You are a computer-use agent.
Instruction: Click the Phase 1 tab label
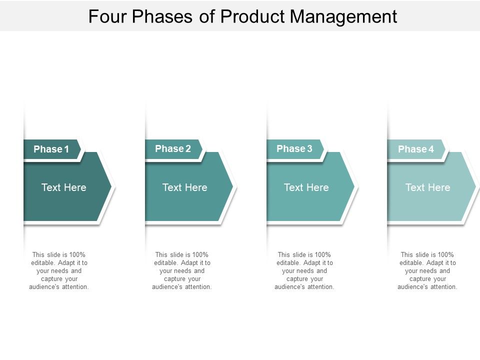51,149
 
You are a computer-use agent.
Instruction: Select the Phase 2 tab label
173,148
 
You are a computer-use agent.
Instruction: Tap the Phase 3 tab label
294,148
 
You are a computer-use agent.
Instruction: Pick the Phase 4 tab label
416,149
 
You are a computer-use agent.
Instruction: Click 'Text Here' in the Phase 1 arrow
64,187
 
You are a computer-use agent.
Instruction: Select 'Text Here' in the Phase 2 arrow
185,187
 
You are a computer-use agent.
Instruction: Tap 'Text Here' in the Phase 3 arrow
306,187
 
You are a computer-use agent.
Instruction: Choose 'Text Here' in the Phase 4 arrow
428,187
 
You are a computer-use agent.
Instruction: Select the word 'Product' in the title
253,16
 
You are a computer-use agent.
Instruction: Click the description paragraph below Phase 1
59,270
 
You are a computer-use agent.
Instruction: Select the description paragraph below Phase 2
182,270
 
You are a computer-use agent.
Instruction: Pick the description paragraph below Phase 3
304,270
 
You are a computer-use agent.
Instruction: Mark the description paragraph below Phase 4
427,270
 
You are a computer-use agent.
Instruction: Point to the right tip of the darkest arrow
110,186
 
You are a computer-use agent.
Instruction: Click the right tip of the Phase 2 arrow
232,186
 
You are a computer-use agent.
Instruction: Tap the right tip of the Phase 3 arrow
353,186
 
